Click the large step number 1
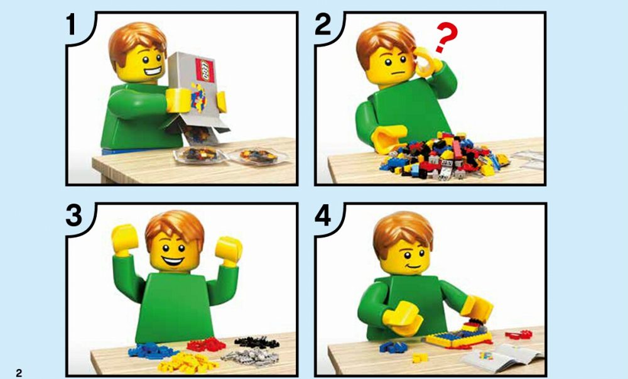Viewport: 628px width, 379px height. click(72, 24)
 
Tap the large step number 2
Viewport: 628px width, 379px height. click(323, 25)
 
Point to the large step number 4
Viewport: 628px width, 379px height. click(323, 216)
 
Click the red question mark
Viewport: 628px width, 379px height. click(446, 37)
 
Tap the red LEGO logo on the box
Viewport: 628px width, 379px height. click(204, 70)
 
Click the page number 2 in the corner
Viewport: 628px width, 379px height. click(19, 373)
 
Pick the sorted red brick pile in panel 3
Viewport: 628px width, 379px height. click(206, 344)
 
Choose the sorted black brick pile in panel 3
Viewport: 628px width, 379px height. click(257, 342)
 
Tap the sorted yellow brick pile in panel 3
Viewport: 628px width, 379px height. click(188, 363)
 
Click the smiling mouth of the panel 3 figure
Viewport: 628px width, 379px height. click(173, 261)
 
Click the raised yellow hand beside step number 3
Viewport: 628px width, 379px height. click(125, 239)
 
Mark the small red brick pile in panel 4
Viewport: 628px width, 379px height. click(518, 334)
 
